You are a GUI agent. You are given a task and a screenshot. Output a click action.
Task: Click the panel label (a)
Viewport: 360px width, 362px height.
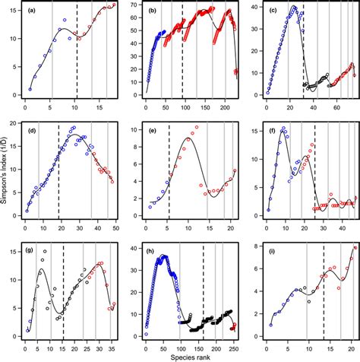point(31,11)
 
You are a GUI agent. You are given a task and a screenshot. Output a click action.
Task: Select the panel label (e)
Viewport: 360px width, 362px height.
point(150,130)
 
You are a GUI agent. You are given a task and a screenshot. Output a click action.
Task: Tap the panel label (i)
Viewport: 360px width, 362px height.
point(270,249)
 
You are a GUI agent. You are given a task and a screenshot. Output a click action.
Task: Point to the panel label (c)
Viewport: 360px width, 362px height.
point(270,11)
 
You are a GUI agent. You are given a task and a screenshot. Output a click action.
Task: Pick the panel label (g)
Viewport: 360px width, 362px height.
point(31,249)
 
